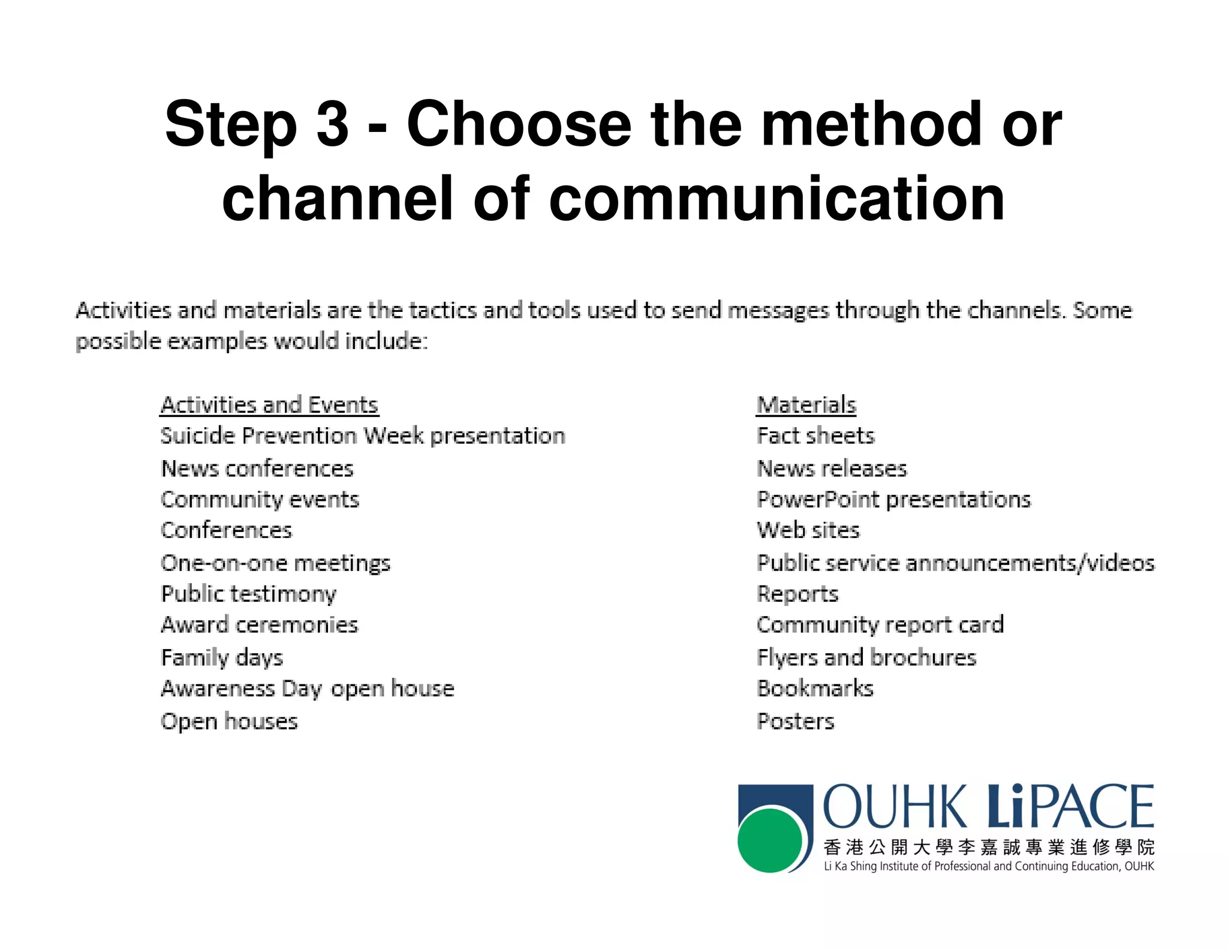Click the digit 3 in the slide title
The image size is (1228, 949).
coord(332,124)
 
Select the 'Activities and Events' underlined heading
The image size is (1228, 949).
coord(269,405)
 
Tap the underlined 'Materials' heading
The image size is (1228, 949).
coord(806,405)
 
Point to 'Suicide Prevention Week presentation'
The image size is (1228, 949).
coord(363,436)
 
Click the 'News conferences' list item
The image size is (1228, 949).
coord(257,469)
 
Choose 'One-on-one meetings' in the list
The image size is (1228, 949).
coord(276,563)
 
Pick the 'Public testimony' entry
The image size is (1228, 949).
coord(249,594)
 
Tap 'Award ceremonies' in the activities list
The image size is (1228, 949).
coord(260,625)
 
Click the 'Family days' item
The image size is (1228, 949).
coord(222,657)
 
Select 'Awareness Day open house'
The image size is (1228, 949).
coord(308,689)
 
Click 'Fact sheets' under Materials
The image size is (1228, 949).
coord(815,436)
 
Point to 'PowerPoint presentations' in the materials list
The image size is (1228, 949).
coord(893,500)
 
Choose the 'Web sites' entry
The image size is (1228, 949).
coord(808,530)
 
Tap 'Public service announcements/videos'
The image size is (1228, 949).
coord(955,563)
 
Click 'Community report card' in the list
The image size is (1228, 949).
coord(880,625)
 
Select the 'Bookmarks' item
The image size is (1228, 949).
coord(815,689)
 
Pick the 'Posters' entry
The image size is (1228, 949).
coord(795,721)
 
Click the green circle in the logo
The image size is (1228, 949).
coord(770,840)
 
